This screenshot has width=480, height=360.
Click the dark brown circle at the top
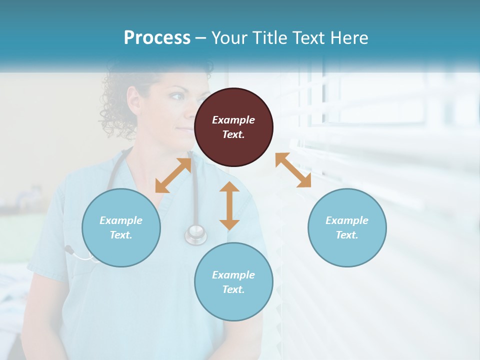pos(233,127)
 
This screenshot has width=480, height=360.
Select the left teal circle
pos(121,227)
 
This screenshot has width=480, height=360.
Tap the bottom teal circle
pos(233,282)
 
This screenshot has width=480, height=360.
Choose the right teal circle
pos(347,227)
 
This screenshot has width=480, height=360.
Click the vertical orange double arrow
pos(229,205)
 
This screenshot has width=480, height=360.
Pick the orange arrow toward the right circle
pos(293,170)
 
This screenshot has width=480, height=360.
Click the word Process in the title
pos(157,37)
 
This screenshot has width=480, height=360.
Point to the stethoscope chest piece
pos(195,233)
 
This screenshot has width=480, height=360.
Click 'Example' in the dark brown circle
pos(233,120)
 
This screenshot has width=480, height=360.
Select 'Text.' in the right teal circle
pos(347,235)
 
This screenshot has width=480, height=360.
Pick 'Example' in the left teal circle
pos(121,220)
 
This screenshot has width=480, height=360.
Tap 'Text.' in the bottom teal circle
pos(233,289)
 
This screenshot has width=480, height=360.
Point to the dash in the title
pos(201,38)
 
